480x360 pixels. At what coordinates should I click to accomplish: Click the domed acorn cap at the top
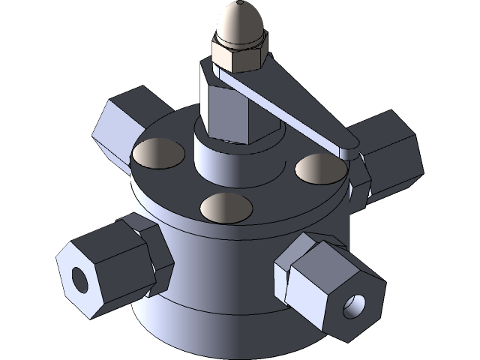(239, 22)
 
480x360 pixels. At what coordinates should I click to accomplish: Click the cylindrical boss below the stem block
(217, 160)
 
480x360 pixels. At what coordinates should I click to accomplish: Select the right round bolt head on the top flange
(320, 168)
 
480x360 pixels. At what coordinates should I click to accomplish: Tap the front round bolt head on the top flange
(226, 208)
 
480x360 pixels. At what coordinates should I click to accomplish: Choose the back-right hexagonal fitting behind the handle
(386, 150)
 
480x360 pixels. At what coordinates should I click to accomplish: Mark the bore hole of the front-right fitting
(353, 305)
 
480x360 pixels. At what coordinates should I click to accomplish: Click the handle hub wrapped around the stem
(214, 75)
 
